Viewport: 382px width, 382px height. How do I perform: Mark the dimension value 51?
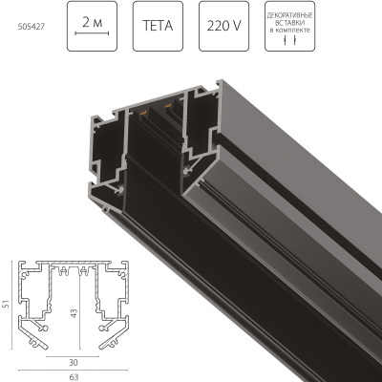click(x=8, y=304)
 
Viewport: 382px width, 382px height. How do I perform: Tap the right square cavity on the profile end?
click(x=203, y=134)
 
